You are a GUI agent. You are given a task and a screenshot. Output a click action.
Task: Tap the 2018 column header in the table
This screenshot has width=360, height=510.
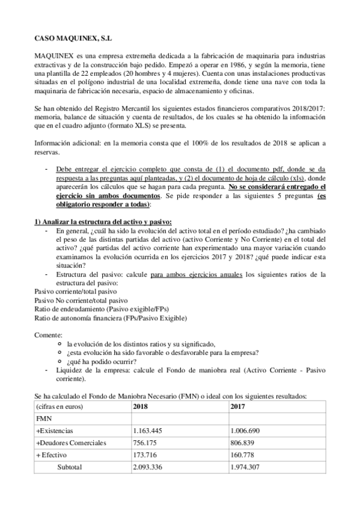(x=141, y=407)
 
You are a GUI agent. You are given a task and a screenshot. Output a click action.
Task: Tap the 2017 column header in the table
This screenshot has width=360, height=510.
(x=239, y=407)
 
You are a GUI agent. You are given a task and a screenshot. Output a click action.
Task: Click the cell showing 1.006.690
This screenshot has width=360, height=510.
(x=247, y=431)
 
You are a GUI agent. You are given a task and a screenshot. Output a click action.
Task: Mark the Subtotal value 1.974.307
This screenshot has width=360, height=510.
(x=247, y=467)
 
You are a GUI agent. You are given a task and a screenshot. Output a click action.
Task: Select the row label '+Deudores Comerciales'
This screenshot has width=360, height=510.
(x=72, y=443)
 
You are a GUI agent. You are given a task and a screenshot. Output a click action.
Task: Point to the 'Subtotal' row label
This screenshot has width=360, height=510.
(x=70, y=467)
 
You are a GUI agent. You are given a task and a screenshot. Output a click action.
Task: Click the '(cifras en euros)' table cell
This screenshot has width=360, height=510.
(x=59, y=407)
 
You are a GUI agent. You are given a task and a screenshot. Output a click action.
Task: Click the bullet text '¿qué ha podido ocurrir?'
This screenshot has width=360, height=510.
(x=101, y=361)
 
